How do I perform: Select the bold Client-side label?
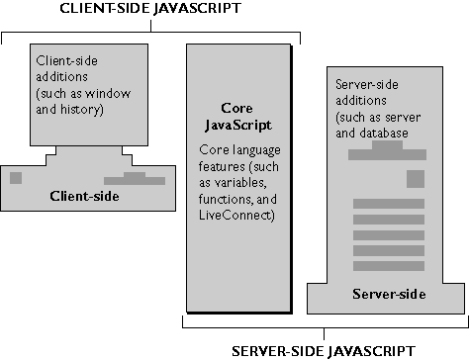tap(84, 196)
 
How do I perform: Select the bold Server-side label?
tap(387, 294)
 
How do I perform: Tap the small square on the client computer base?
tap(15, 178)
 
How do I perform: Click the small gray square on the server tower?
tap(416, 178)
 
